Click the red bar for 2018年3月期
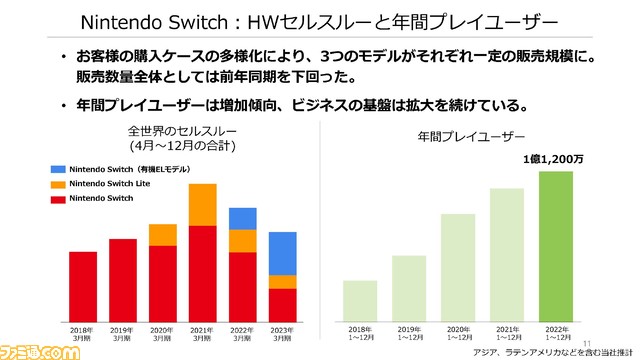point(83,285)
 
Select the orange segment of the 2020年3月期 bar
point(162,235)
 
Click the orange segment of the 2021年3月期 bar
point(202,205)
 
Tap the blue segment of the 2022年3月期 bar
point(243,219)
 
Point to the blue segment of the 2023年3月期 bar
point(282,253)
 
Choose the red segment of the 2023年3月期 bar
point(282,303)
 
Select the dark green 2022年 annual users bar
point(555,245)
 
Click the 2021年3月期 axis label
point(202,333)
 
